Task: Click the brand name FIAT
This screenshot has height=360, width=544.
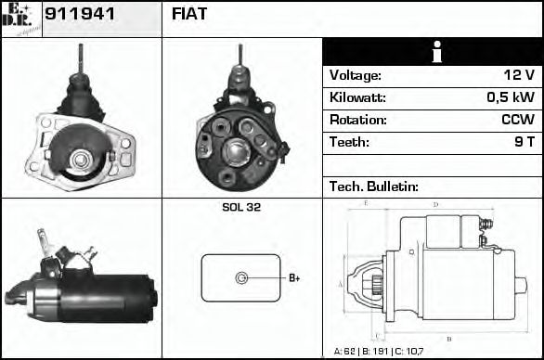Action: coord(190,14)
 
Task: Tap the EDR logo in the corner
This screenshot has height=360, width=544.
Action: coord(20,19)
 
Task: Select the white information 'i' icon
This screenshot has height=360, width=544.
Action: coord(432,53)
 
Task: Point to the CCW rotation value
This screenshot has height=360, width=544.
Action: coord(516,121)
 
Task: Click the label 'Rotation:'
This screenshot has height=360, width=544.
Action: coord(357,121)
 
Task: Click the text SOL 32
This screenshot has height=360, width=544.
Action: coord(241,207)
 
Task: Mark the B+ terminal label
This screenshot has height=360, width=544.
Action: coord(293,277)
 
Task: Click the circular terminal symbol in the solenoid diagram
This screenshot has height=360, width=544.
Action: coord(241,277)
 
